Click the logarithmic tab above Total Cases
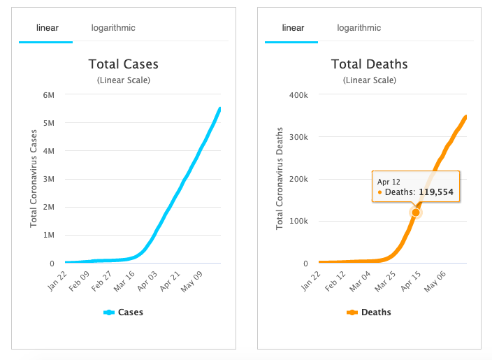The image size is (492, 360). [113, 28]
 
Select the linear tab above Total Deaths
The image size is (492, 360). [293, 28]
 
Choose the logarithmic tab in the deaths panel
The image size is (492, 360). [359, 28]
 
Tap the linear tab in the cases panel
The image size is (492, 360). [48, 28]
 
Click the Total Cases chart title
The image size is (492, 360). [123, 64]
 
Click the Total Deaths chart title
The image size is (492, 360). [369, 64]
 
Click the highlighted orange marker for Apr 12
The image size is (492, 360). [416, 212]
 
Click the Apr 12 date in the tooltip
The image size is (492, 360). [388, 181]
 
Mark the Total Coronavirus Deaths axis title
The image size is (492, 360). [280, 178]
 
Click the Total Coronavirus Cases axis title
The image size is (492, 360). [34, 178]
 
